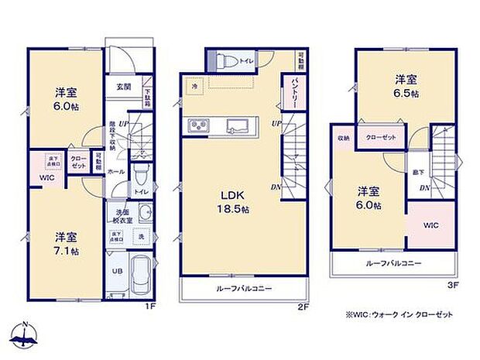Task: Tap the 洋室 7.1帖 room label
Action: (x=65, y=243)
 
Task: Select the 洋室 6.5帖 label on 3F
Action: (x=406, y=85)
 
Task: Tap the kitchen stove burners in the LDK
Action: (x=197, y=126)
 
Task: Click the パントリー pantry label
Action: (x=296, y=92)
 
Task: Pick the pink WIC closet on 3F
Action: (x=430, y=225)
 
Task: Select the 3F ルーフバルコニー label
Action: (x=393, y=263)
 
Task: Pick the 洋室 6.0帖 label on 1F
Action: (x=65, y=98)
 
